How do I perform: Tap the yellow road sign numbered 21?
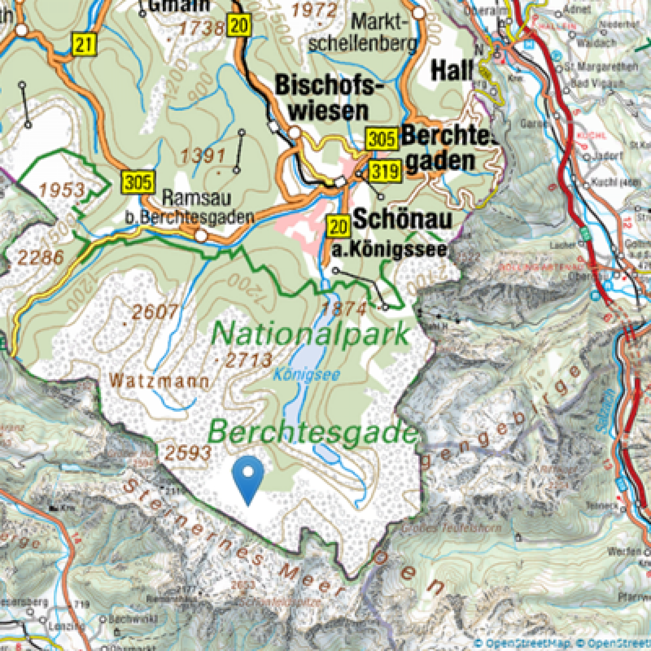[x=84, y=44]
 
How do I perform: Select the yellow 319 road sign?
[x=385, y=172]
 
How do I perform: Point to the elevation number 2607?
[x=155, y=312]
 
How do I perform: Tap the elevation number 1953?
[x=62, y=191]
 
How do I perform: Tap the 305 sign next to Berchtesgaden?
[x=382, y=139]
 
